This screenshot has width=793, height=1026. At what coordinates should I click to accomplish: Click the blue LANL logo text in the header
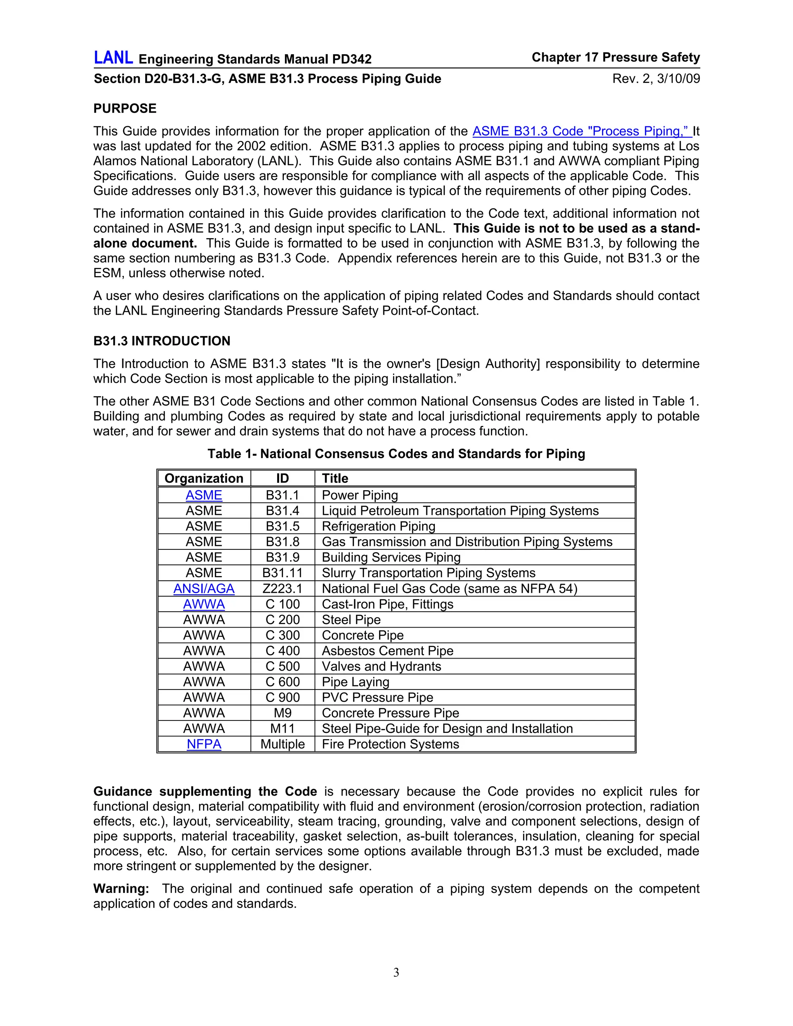[113, 58]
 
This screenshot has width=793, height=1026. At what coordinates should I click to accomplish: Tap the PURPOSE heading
[125, 108]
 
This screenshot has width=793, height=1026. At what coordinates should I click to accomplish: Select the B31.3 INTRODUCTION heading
[161, 341]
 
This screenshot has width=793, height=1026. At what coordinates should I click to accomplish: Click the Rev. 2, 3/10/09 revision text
[656, 79]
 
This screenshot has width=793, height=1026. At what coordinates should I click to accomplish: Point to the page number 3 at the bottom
[396, 973]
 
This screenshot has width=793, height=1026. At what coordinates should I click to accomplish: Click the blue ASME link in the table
[204, 495]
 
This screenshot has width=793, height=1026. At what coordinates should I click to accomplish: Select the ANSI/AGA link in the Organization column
[204, 588]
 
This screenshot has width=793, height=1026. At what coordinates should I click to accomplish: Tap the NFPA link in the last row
[204, 744]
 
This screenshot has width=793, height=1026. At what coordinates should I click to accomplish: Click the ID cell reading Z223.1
[282, 588]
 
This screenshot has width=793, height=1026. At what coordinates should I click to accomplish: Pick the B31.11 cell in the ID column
[282, 573]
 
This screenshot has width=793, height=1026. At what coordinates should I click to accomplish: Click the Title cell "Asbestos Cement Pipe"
[388, 651]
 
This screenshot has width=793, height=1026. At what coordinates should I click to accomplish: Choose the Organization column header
[204, 478]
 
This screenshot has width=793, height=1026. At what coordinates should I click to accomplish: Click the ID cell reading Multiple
[282, 744]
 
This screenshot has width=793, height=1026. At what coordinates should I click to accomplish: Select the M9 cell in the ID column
[282, 713]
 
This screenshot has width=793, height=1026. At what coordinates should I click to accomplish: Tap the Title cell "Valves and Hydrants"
[381, 666]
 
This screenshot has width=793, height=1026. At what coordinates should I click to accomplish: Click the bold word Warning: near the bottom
[121, 889]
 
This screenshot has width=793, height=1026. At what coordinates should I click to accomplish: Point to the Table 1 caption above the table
[396, 454]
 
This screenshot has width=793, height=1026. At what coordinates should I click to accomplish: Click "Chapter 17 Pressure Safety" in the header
[615, 57]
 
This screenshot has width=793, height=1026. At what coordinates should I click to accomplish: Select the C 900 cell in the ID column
[282, 698]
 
